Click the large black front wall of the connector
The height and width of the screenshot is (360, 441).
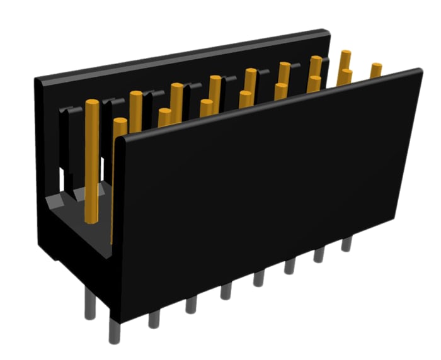click(x=265, y=189)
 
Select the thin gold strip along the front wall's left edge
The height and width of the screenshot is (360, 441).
click(x=113, y=189)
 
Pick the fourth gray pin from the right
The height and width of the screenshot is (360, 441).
click(x=259, y=278)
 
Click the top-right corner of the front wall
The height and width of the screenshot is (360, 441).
click(x=418, y=72)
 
